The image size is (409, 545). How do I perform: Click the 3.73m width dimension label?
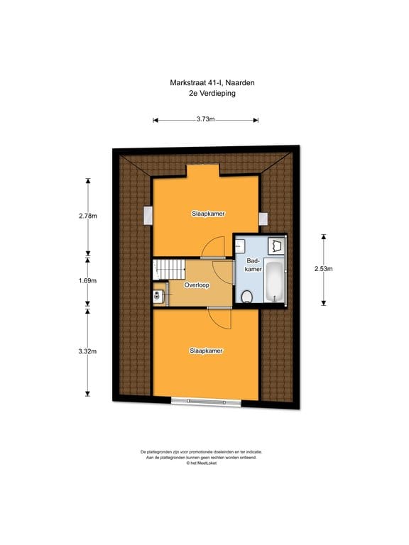205,119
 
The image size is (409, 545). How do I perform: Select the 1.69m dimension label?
88,280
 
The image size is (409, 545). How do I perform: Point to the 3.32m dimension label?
88,351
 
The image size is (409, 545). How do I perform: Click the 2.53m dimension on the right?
323,269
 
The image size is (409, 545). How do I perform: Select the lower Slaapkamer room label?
205,351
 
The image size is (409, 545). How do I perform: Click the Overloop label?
196,285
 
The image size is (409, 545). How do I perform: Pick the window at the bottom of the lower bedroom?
205,402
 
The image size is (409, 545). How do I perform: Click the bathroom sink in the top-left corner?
241,246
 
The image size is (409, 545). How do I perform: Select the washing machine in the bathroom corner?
276,246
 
